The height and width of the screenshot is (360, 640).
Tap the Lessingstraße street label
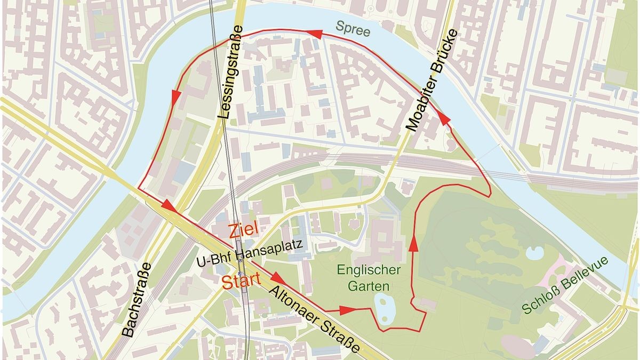(x=231, y=78)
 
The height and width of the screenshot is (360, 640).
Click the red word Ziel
(x=243, y=230)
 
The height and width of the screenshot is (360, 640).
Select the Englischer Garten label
(x=369, y=277)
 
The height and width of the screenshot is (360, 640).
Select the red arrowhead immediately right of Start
(x=278, y=277)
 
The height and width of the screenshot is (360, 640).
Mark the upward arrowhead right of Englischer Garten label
(x=413, y=244)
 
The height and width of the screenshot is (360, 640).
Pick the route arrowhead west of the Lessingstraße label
(x=174, y=97)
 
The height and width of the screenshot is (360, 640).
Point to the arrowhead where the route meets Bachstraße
(x=169, y=205)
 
